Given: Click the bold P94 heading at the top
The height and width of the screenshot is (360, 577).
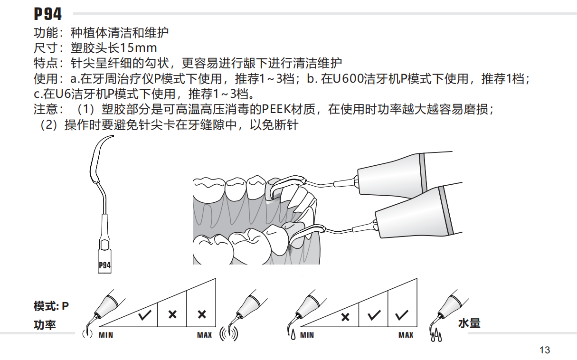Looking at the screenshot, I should (48, 14).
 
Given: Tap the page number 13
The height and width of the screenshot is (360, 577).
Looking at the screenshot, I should (545, 350).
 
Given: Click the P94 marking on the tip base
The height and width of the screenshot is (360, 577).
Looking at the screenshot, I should (104, 265).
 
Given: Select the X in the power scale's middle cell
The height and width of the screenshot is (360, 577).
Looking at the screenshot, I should (173, 314).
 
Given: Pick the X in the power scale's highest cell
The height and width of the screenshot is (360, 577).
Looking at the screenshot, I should (202, 314).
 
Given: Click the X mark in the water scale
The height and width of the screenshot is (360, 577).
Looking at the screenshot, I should (345, 317).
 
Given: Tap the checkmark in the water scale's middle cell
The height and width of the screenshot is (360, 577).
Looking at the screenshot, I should (374, 314).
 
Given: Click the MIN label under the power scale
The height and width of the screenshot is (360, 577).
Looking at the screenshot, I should (106, 335).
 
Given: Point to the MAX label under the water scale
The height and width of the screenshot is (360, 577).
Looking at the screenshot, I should (406, 335).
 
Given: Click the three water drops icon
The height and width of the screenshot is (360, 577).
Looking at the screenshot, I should (436, 337).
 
